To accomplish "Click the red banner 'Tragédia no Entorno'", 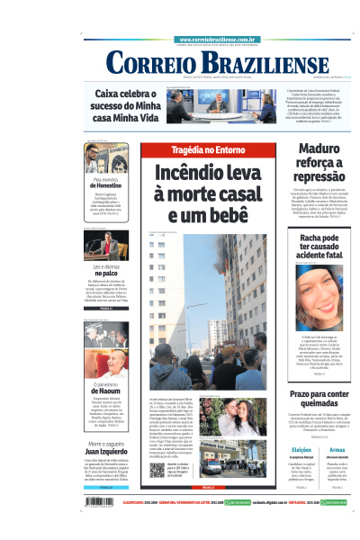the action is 196,150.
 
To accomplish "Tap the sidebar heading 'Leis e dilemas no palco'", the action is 106,273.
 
